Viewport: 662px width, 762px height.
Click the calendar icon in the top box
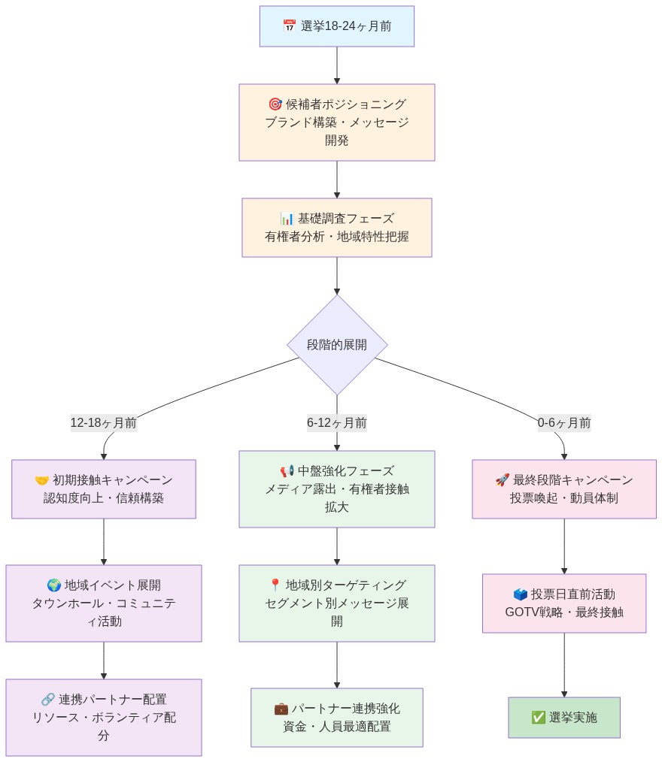click(x=290, y=26)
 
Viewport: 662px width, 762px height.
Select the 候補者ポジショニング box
click(x=336, y=122)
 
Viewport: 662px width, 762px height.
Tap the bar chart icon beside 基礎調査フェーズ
click(x=287, y=219)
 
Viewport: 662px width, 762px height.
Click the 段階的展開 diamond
click(x=337, y=345)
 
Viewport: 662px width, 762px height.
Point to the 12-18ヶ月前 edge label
click(x=104, y=423)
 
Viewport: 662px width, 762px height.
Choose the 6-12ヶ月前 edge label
click(x=337, y=423)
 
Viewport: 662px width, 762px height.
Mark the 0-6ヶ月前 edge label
click(x=564, y=423)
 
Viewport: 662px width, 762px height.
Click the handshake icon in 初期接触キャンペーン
click(x=42, y=480)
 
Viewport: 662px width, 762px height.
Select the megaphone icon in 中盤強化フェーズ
click(x=287, y=471)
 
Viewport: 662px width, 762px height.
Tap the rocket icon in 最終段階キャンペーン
click(x=503, y=480)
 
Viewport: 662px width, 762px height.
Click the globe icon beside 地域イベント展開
click(x=54, y=585)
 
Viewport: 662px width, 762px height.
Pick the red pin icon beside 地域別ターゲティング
click(x=275, y=585)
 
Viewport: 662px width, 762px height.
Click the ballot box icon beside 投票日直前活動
click(x=521, y=594)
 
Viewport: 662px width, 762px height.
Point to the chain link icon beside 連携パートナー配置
click(x=48, y=700)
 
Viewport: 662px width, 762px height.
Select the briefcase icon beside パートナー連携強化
click(x=281, y=709)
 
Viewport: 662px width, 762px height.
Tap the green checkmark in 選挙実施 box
click(x=539, y=718)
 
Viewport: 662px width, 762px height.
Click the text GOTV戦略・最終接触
click(x=564, y=612)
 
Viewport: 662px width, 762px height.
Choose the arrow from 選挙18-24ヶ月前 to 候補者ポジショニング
click(x=337, y=65)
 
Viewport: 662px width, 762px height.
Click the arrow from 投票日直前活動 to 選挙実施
click(x=564, y=665)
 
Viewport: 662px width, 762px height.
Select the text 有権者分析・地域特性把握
click(x=337, y=236)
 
